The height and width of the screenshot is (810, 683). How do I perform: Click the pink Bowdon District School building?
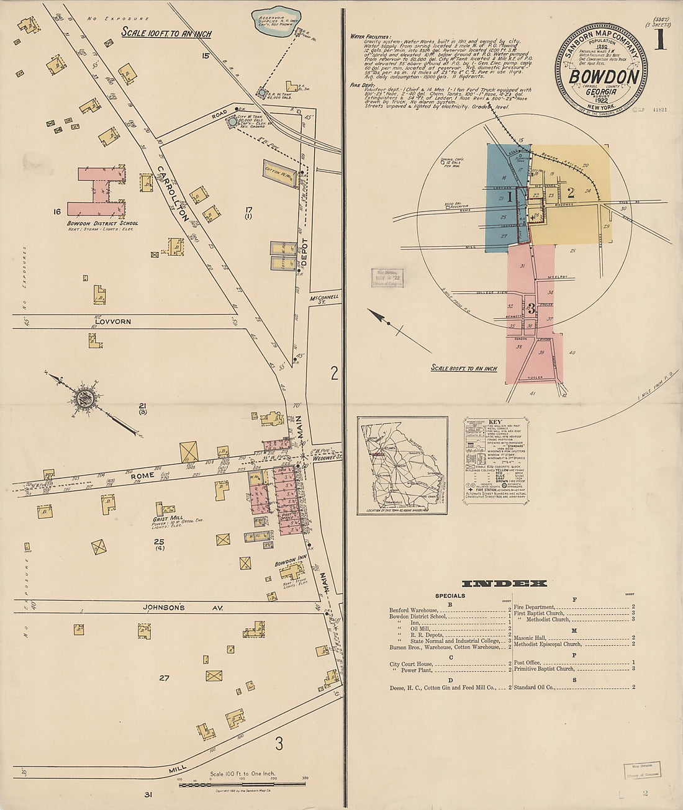(x=97, y=192)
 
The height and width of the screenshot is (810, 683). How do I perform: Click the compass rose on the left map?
(x=88, y=398)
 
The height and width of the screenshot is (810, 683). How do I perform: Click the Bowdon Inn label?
(x=291, y=564)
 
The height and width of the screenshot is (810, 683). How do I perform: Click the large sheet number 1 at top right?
(x=659, y=40)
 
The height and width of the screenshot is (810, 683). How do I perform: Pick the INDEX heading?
(x=504, y=583)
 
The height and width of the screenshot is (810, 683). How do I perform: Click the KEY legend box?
(x=495, y=459)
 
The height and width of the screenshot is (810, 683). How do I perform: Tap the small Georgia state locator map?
(x=402, y=466)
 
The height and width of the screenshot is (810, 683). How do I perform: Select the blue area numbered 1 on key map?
(x=506, y=199)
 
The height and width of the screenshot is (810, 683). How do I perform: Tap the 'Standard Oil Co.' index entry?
(x=537, y=687)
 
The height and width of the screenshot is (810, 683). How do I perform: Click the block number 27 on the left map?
(x=164, y=678)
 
